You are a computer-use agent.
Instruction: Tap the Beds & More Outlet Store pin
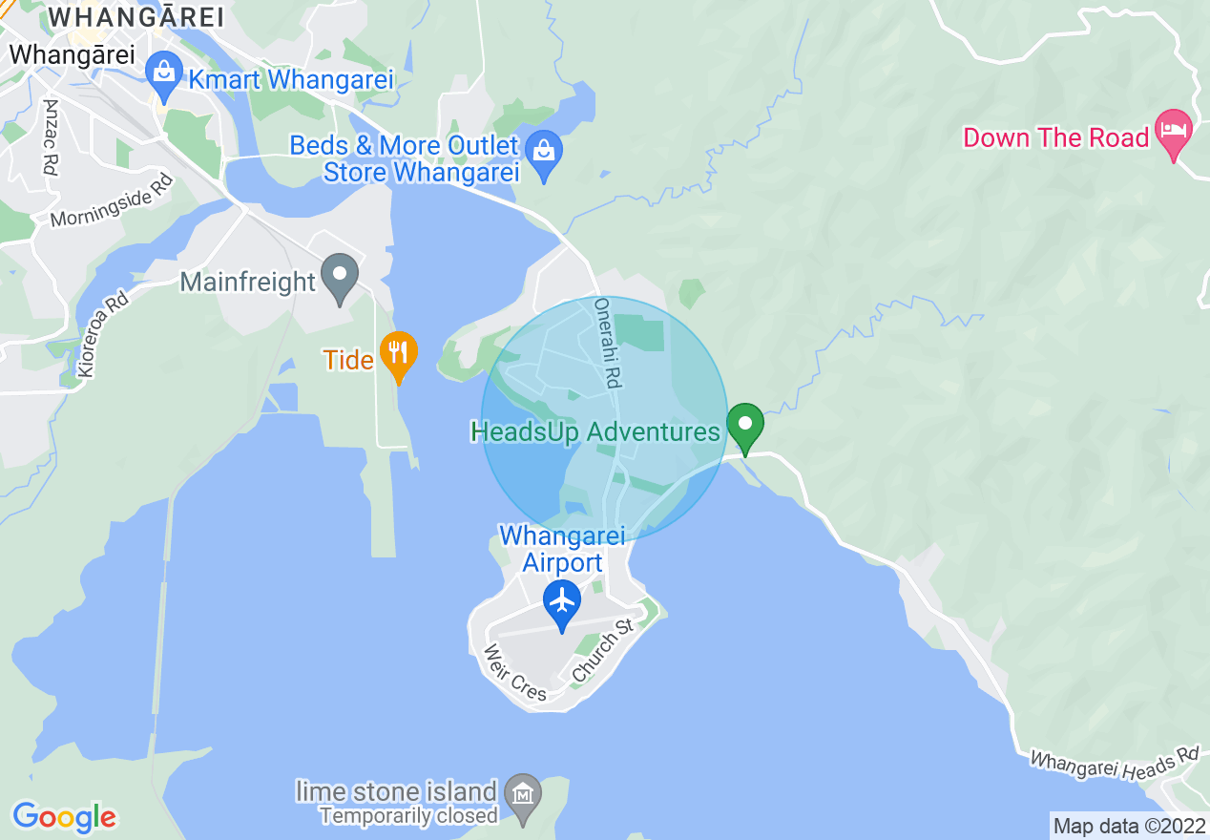(544, 151)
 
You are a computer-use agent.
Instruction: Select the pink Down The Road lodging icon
(1173, 131)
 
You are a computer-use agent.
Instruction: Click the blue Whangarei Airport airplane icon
(563, 600)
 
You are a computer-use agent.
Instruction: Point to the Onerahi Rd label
(607, 343)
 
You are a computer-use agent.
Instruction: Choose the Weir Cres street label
(515, 672)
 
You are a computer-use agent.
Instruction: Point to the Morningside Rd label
(113, 201)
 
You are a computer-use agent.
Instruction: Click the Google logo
(64, 817)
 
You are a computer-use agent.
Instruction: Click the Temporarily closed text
(409, 815)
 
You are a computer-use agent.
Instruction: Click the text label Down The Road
(1055, 137)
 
